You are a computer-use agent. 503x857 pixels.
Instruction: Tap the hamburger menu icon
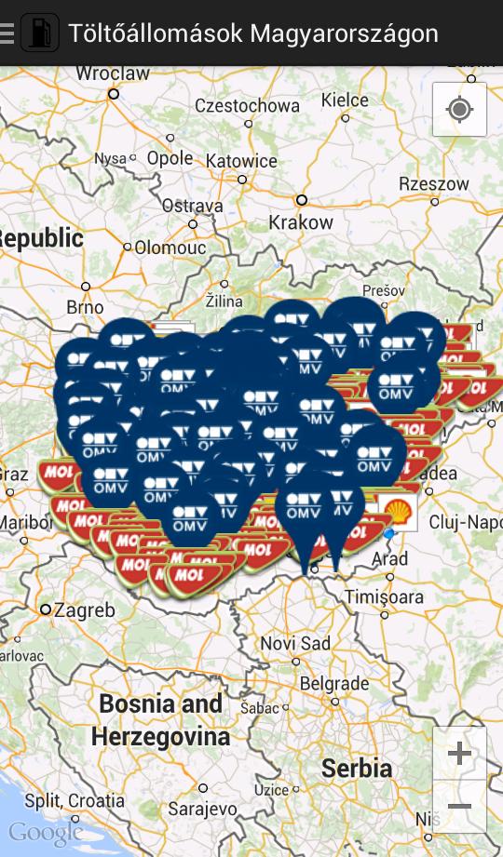coord(7,33)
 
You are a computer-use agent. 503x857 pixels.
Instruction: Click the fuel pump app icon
coord(39,33)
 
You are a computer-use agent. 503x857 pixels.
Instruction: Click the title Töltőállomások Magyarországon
coord(253,33)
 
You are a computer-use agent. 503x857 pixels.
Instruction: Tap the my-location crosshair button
coord(459,110)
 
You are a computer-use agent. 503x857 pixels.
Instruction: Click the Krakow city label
coord(300,222)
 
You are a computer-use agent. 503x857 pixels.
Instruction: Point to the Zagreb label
coord(83,610)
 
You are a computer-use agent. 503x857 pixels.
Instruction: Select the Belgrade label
coord(335,683)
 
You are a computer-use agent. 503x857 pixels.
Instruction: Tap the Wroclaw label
coord(113,74)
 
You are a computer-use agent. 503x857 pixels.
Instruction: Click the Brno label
coord(85,306)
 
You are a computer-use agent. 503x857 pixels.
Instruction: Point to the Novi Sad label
coord(295,643)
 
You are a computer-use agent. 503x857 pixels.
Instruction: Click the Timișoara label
coord(384,596)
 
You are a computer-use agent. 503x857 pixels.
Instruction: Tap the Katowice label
coord(241,161)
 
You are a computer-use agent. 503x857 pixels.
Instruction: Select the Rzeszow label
coord(434,184)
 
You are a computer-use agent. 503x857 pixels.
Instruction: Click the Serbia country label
coord(357,769)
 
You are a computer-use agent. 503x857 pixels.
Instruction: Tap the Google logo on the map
coord(45,831)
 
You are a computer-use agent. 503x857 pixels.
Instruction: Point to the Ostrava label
coord(193,206)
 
